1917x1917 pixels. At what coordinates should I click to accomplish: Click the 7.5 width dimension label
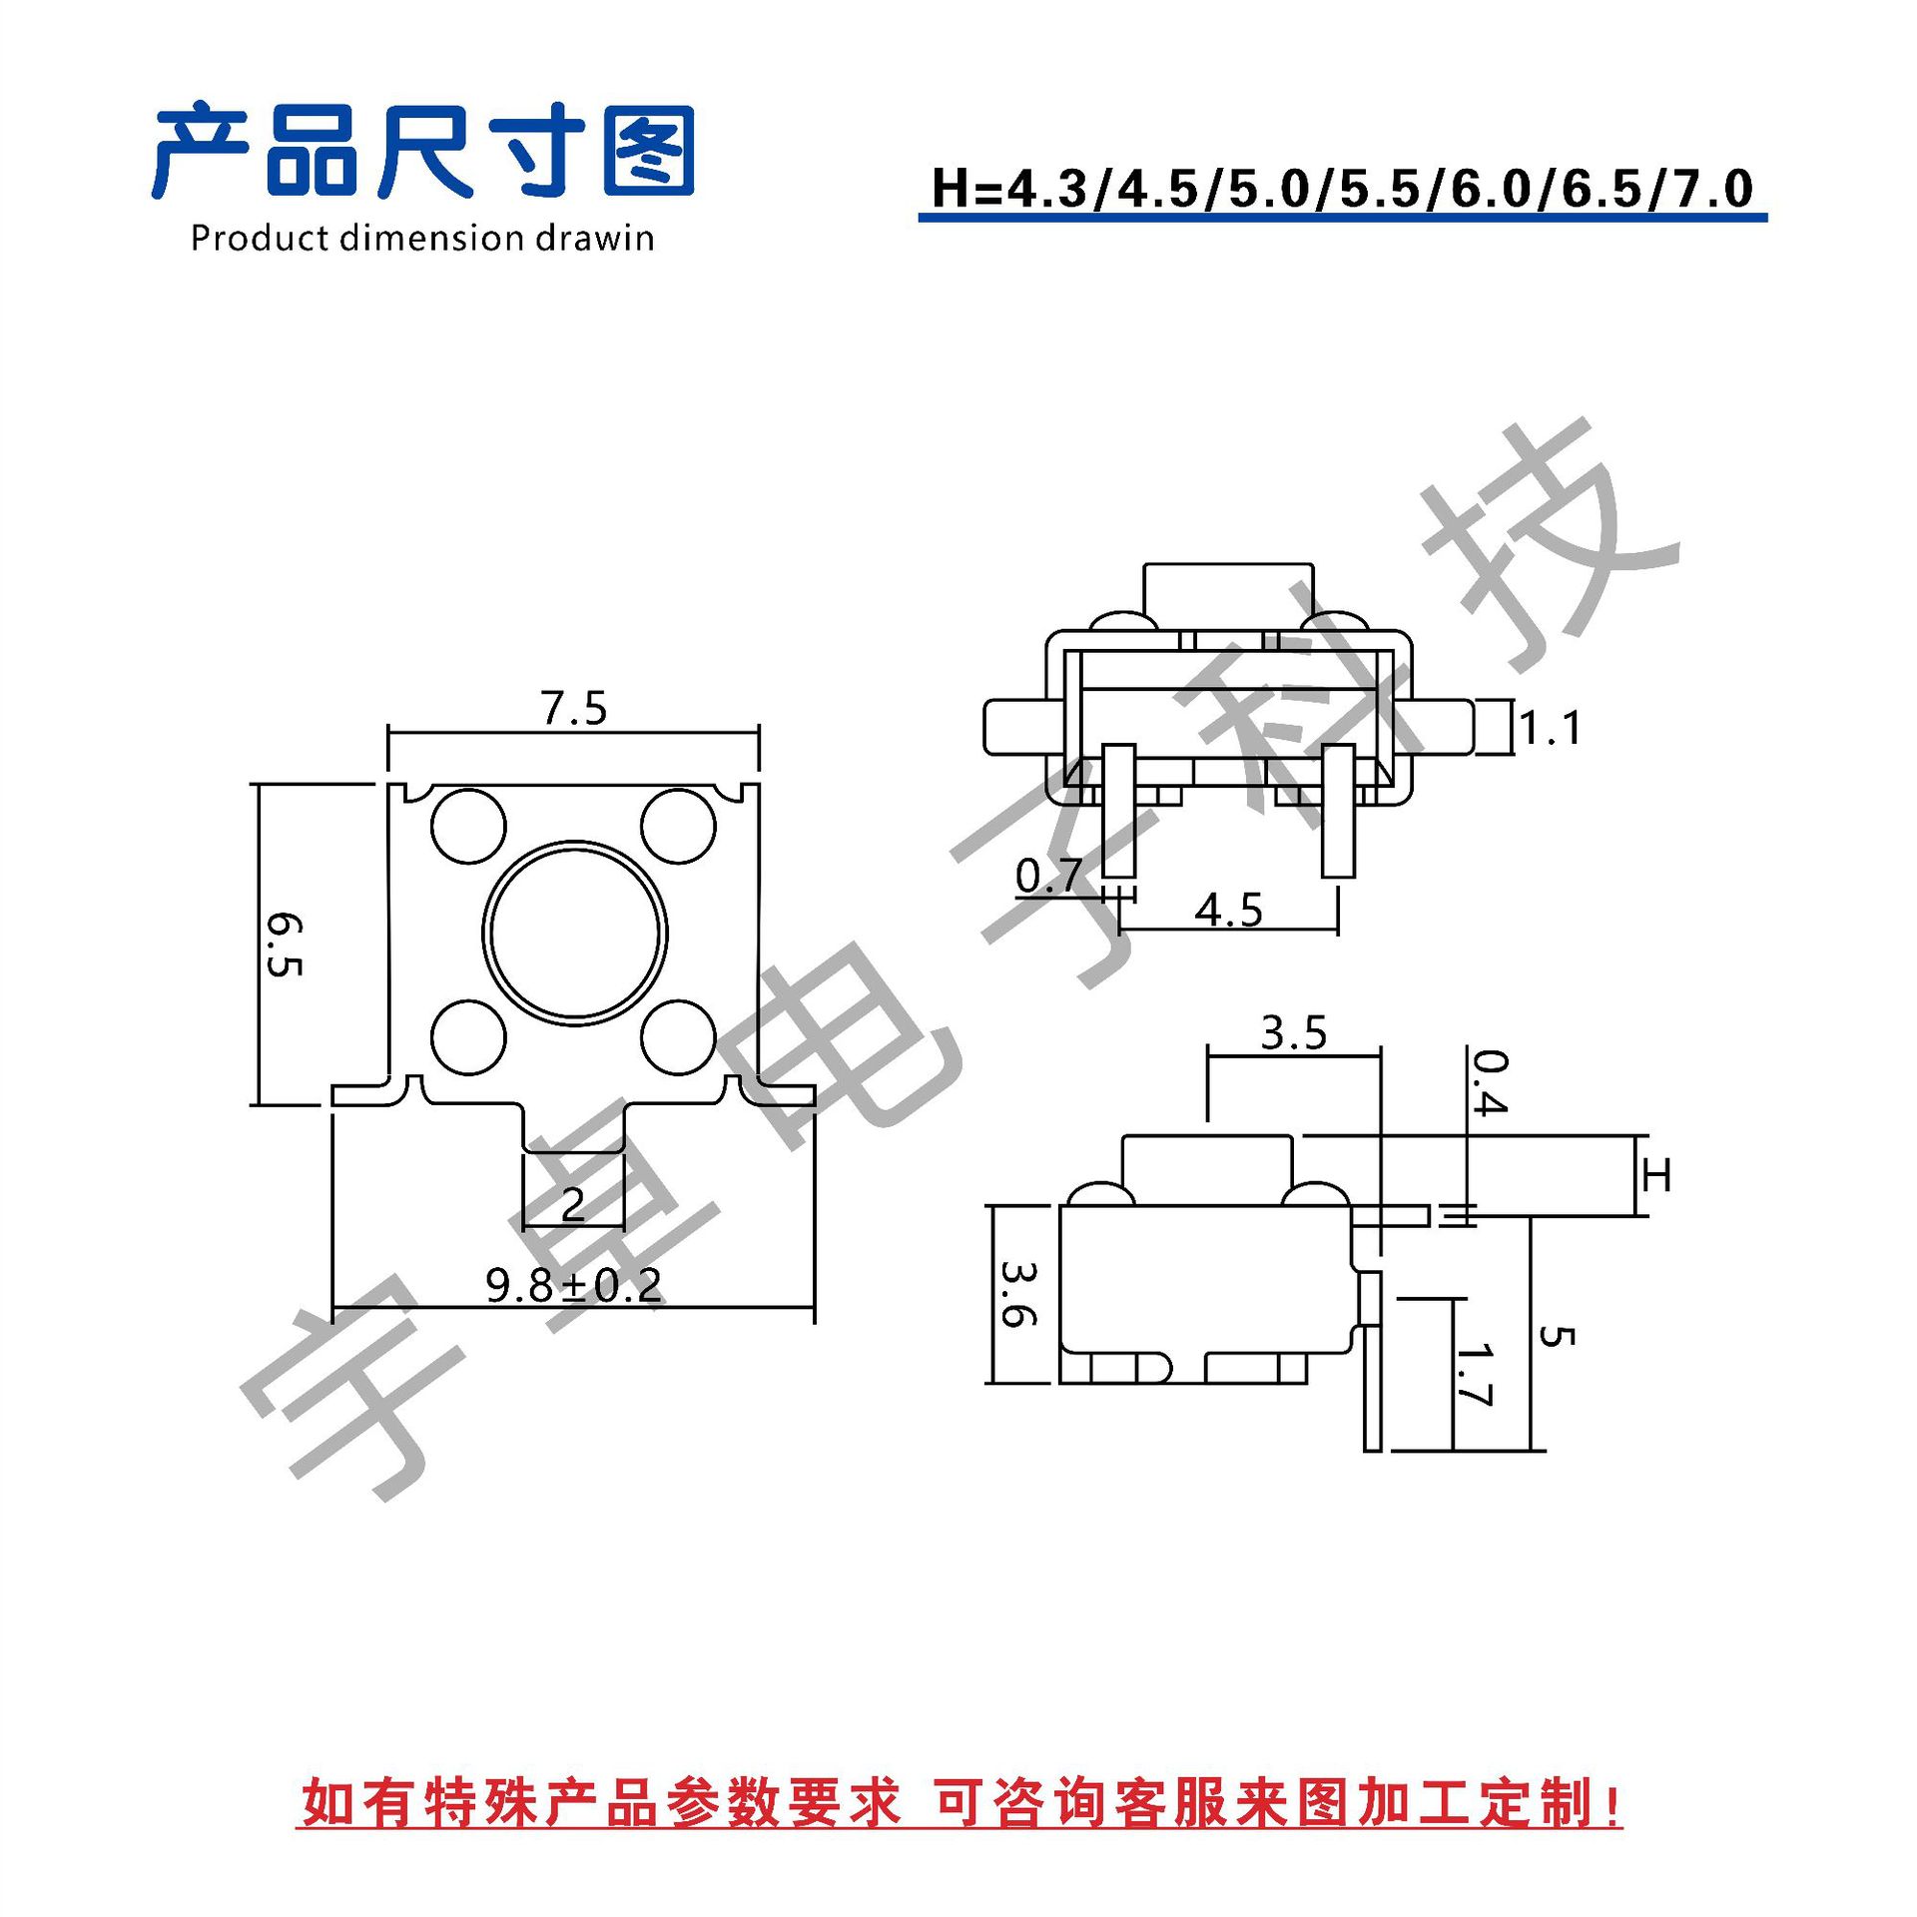[x=574, y=708]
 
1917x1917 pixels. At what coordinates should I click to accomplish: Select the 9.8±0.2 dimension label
[x=574, y=1285]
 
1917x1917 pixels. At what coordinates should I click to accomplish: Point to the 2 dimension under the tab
[x=573, y=1204]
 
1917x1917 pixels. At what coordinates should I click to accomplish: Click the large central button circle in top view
[x=575, y=933]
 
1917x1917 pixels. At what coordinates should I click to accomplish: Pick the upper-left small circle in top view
[x=468, y=826]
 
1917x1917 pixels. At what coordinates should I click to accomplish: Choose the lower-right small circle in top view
[x=678, y=1036]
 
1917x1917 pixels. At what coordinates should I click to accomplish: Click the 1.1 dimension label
[x=1551, y=728]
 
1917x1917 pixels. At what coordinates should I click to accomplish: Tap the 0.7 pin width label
[x=1048, y=876]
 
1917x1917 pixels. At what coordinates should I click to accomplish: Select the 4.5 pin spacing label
[x=1229, y=910]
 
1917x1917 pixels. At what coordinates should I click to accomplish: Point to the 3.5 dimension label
[x=1294, y=1032]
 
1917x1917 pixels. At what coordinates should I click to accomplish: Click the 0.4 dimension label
[x=1491, y=1081]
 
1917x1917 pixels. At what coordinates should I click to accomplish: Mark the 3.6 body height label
[x=1019, y=1294]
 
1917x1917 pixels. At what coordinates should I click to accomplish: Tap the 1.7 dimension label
[x=1474, y=1375]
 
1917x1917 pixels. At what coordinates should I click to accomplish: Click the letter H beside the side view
[x=1656, y=1175]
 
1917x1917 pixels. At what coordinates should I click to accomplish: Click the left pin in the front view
[x=1118, y=811]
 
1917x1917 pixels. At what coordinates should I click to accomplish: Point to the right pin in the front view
[x=1338, y=811]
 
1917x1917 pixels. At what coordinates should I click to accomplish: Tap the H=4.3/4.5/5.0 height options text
[x=1342, y=188]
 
